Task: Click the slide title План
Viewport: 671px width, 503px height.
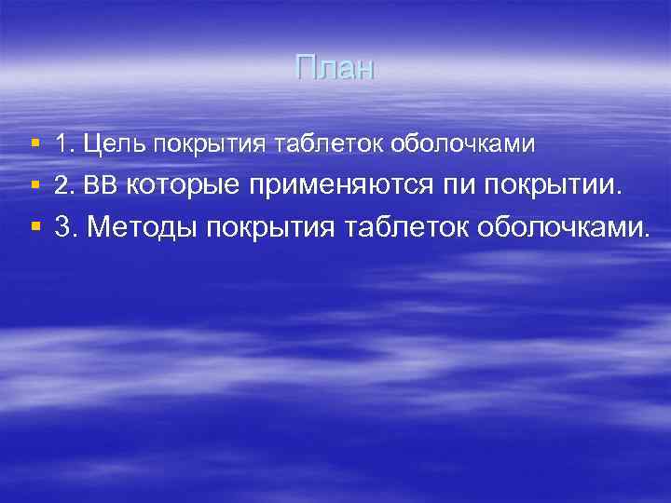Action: [x=335, y=68]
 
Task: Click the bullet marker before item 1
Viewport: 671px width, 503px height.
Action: [x=34, y=144]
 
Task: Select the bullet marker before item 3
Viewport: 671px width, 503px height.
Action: [x=34, y=225]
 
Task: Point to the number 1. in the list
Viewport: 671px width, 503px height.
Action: [x=64, y=144]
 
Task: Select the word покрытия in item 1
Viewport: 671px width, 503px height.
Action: [x=208, y=145]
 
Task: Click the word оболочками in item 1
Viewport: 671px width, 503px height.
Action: [x=463, y=144]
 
